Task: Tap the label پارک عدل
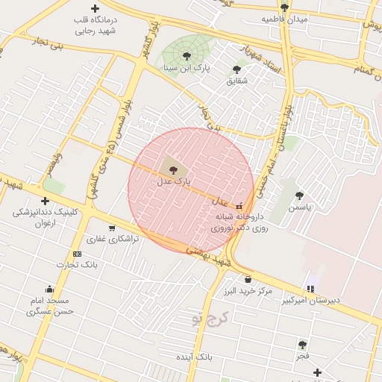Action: point(174,181)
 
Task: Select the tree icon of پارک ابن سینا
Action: point(187,55)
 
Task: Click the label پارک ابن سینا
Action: point(188,68)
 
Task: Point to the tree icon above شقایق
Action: point(237,69)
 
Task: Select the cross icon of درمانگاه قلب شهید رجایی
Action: point(95,8)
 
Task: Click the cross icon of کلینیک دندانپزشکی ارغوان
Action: point(46,201)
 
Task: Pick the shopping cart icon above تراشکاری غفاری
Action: point(112,228)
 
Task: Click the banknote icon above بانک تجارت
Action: point(78,254)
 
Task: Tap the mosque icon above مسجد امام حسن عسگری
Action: point(49,289)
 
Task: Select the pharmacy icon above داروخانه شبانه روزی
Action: point(239,206)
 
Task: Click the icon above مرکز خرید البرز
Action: point(248,280)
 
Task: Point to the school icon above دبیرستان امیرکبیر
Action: point(310,289)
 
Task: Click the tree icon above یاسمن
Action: point(299,195)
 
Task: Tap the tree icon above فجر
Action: point(302,345)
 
